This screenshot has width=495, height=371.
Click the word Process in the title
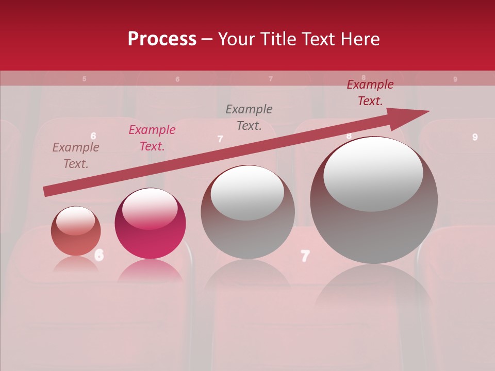coord(162,39)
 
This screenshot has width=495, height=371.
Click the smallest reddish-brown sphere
coord(76,231)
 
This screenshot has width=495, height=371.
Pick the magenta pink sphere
coord(150,224)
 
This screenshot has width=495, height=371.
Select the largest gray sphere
coord(374,200)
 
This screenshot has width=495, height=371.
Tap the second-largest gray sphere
coord(247,212)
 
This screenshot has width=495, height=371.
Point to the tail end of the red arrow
coord(47,192)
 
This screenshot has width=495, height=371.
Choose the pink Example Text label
coord(152,138)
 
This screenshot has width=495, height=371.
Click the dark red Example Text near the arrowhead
coord(370,93)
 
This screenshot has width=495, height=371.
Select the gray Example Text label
coord(249,117)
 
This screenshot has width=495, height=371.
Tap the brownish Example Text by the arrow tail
coord(76,156)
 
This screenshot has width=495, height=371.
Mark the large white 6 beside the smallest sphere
coord(99,254)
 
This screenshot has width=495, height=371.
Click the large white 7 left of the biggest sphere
coord(305,256)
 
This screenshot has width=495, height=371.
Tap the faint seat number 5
coord(84,79)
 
